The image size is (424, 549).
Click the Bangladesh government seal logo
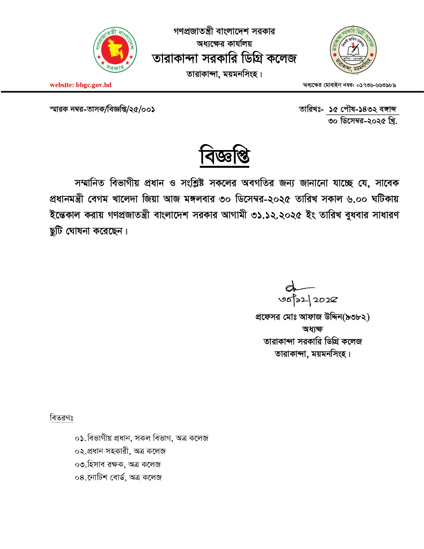tap(115, 50)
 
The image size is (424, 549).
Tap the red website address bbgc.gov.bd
tap(81, 85)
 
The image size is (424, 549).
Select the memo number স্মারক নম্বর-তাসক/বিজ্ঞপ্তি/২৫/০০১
tap(102, 109)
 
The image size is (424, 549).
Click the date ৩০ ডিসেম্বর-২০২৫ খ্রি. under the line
tap(362, 121)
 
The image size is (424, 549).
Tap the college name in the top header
tap(224, 59)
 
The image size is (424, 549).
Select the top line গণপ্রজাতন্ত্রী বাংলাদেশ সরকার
tap(224, 31)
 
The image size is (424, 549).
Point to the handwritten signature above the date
tap(296, 287)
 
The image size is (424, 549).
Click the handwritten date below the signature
tap(308, 300)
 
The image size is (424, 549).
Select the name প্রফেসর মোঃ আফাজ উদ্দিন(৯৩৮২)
tap(312, 317)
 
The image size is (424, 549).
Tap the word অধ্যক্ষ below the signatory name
tap(312, 329)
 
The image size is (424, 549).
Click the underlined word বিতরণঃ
tap(62, 418)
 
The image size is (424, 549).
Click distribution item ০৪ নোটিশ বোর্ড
tap(118, 478)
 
